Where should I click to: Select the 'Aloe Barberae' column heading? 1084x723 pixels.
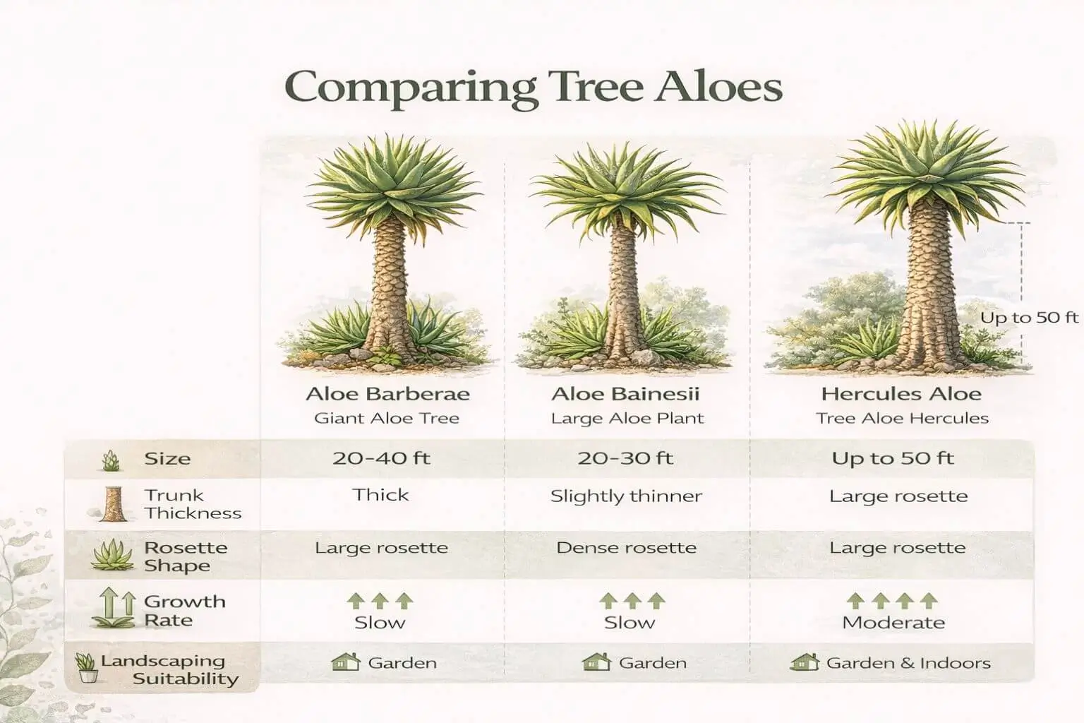[x=387, y=393]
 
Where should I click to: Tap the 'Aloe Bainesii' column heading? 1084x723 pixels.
[x=625, y=393]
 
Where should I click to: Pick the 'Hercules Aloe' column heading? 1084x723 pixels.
[x=901, y=393]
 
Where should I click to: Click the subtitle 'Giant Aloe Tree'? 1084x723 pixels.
[x=387, y=418]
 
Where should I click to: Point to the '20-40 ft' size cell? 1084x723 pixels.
[x=381, y=458]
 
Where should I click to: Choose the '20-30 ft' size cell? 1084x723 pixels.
[x=625, y=458]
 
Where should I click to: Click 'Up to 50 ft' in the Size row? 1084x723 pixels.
[x=893, y=458]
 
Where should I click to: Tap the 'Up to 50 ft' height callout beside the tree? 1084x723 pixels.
[x=1030, y=318]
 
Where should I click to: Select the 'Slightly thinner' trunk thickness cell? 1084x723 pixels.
[x=626, y=496]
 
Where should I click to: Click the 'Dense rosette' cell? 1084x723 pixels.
[x=626, y=548]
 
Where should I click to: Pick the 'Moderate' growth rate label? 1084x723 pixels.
[x=893, y=623]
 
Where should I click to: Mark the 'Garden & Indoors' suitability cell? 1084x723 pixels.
[x=908, y=663]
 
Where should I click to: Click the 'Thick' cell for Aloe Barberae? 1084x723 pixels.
[x=381, y=495]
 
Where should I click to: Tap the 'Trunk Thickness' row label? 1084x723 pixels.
[x=192, y=504]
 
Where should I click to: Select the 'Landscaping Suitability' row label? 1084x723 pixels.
[x=169, y=670]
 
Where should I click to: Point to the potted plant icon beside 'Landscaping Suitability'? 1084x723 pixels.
[x=86, y=667]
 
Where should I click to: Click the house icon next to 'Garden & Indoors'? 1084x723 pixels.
[x=804, y=662]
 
